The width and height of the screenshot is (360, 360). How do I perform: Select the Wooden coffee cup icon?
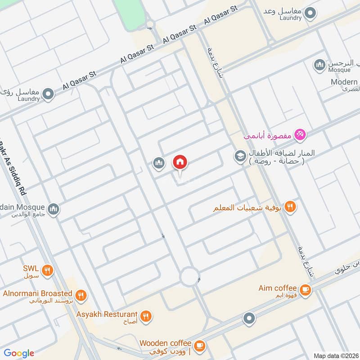200,346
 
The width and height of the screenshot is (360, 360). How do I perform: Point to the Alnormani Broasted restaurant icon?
81,296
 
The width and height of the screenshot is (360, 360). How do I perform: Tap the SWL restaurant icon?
47,271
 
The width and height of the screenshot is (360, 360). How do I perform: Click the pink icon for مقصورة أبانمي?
300,134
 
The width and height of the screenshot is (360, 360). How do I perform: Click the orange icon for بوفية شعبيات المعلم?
291,207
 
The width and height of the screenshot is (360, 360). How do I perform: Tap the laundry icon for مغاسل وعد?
309,13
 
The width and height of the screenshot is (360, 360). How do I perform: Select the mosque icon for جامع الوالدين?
54,210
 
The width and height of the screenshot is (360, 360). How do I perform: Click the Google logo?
18,353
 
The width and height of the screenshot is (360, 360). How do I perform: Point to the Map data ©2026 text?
335,355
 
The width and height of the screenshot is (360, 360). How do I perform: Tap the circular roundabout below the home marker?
189,277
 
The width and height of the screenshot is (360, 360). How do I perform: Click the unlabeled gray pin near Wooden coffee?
249,319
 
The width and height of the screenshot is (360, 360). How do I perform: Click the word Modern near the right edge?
344,82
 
